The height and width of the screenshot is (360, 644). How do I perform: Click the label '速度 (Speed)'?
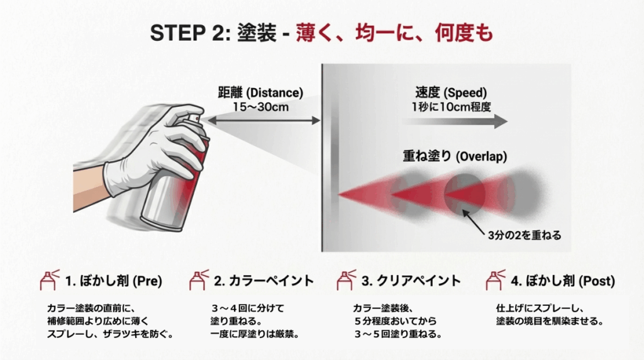(450, 93)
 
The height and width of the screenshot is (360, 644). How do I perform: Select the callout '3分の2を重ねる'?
(525, 236)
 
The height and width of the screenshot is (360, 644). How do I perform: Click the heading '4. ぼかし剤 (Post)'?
(562, 280)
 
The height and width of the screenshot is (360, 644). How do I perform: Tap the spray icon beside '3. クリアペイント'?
(345, 279)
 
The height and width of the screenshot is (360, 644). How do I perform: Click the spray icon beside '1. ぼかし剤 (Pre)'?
(49, 279)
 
